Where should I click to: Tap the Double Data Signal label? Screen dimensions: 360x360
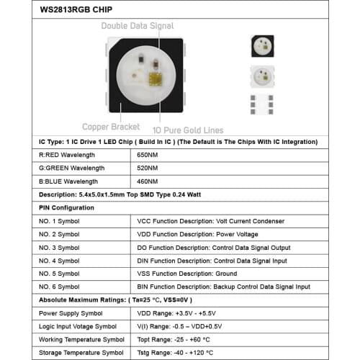pos(138,26)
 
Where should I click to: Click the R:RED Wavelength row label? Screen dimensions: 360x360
pos(66,155)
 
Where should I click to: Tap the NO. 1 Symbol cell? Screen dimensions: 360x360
pos(58,221)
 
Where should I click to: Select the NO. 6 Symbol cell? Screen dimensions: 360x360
pos(58,287)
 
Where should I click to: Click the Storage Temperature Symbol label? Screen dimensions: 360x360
pos(81,353)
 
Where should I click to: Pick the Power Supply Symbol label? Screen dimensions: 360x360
pos(71,313)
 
